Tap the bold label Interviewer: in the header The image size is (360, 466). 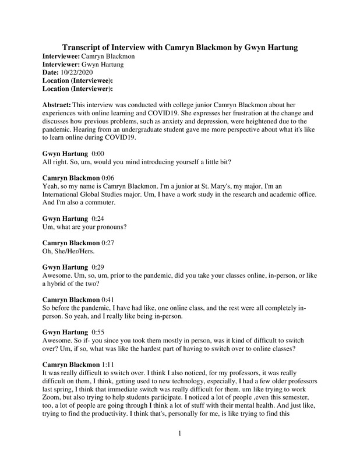click(61, 63)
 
